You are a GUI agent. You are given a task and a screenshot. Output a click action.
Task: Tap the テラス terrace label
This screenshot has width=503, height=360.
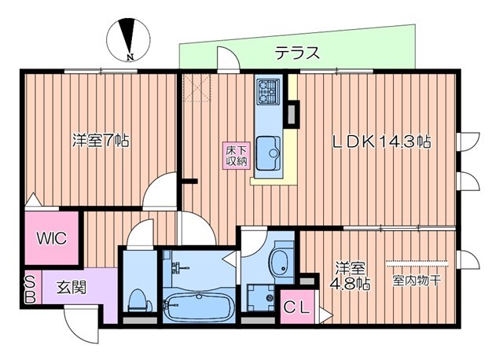coord(297,53)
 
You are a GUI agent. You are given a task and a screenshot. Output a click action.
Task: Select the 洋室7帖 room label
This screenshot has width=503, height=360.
coord(101,141)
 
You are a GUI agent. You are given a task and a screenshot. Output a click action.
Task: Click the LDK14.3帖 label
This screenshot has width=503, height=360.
coord(380,142)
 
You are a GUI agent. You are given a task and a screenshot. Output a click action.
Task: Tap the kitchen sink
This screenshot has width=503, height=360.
coord(270,147)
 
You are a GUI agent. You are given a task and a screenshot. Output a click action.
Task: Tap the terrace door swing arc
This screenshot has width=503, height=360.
coord(227,60)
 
